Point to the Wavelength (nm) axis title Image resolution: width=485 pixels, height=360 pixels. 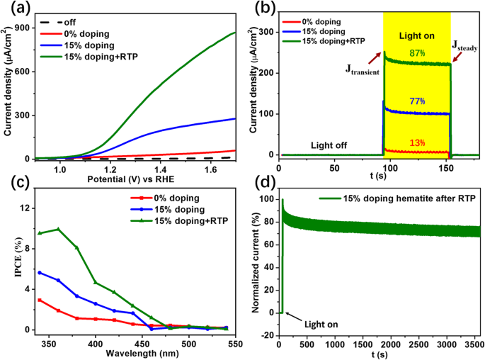click(137, 351)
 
